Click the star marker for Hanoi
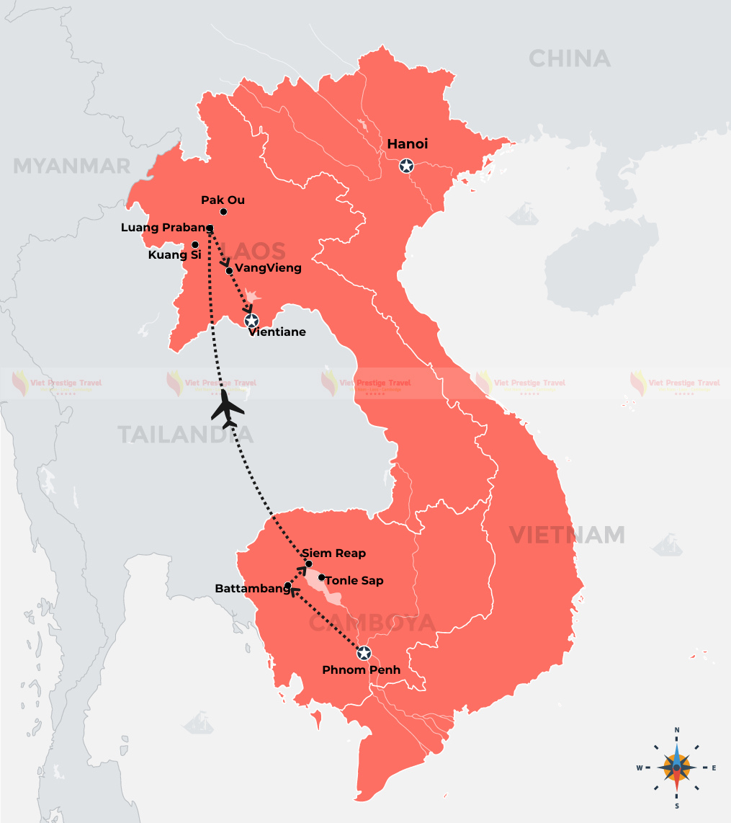(x=407, y=166)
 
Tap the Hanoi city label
(x=408, y=144)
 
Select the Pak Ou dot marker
(x=224, y=212)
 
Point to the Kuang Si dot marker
(x=194, y=244)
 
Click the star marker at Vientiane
(x=251, y=320)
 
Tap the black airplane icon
(x=228, y=409)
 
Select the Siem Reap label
(x=333, y=553)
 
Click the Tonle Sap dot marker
(x=322, y=577)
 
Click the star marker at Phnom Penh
(x=364, y=654)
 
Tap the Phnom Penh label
(x=361, y=670)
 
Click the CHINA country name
(x=569, y=58)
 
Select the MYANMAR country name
(x=71, y=166)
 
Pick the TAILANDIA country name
(x=185, y=435)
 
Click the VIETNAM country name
(x=567, y=535)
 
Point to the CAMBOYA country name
(x=372, y=623)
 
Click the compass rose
(x=676, y=767)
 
